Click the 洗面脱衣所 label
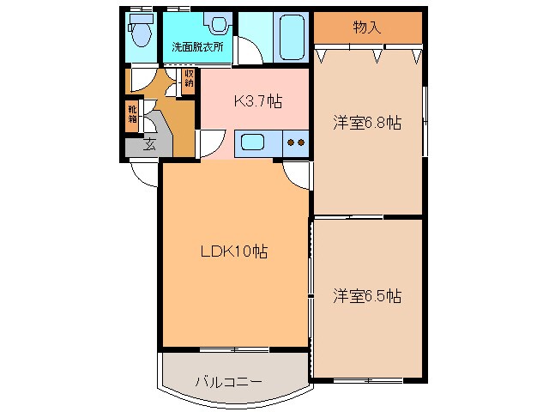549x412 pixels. point(197,47)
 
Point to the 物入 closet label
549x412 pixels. point(366,27)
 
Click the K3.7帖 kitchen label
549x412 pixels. point(258,101)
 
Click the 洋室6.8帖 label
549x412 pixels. point(367,123)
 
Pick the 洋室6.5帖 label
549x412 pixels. point(367,296)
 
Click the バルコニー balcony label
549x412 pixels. point(228,381)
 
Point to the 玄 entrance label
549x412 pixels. point(149,144)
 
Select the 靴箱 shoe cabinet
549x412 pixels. point(133,114)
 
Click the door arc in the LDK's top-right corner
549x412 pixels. point(296,175)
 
